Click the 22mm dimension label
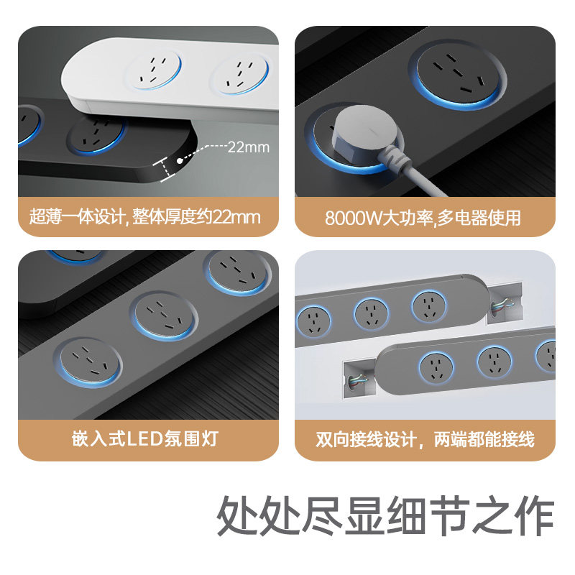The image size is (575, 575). (x=248, y=148)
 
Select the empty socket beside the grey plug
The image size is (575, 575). (x=456, y=74)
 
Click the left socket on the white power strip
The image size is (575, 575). (x=153, y=72)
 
